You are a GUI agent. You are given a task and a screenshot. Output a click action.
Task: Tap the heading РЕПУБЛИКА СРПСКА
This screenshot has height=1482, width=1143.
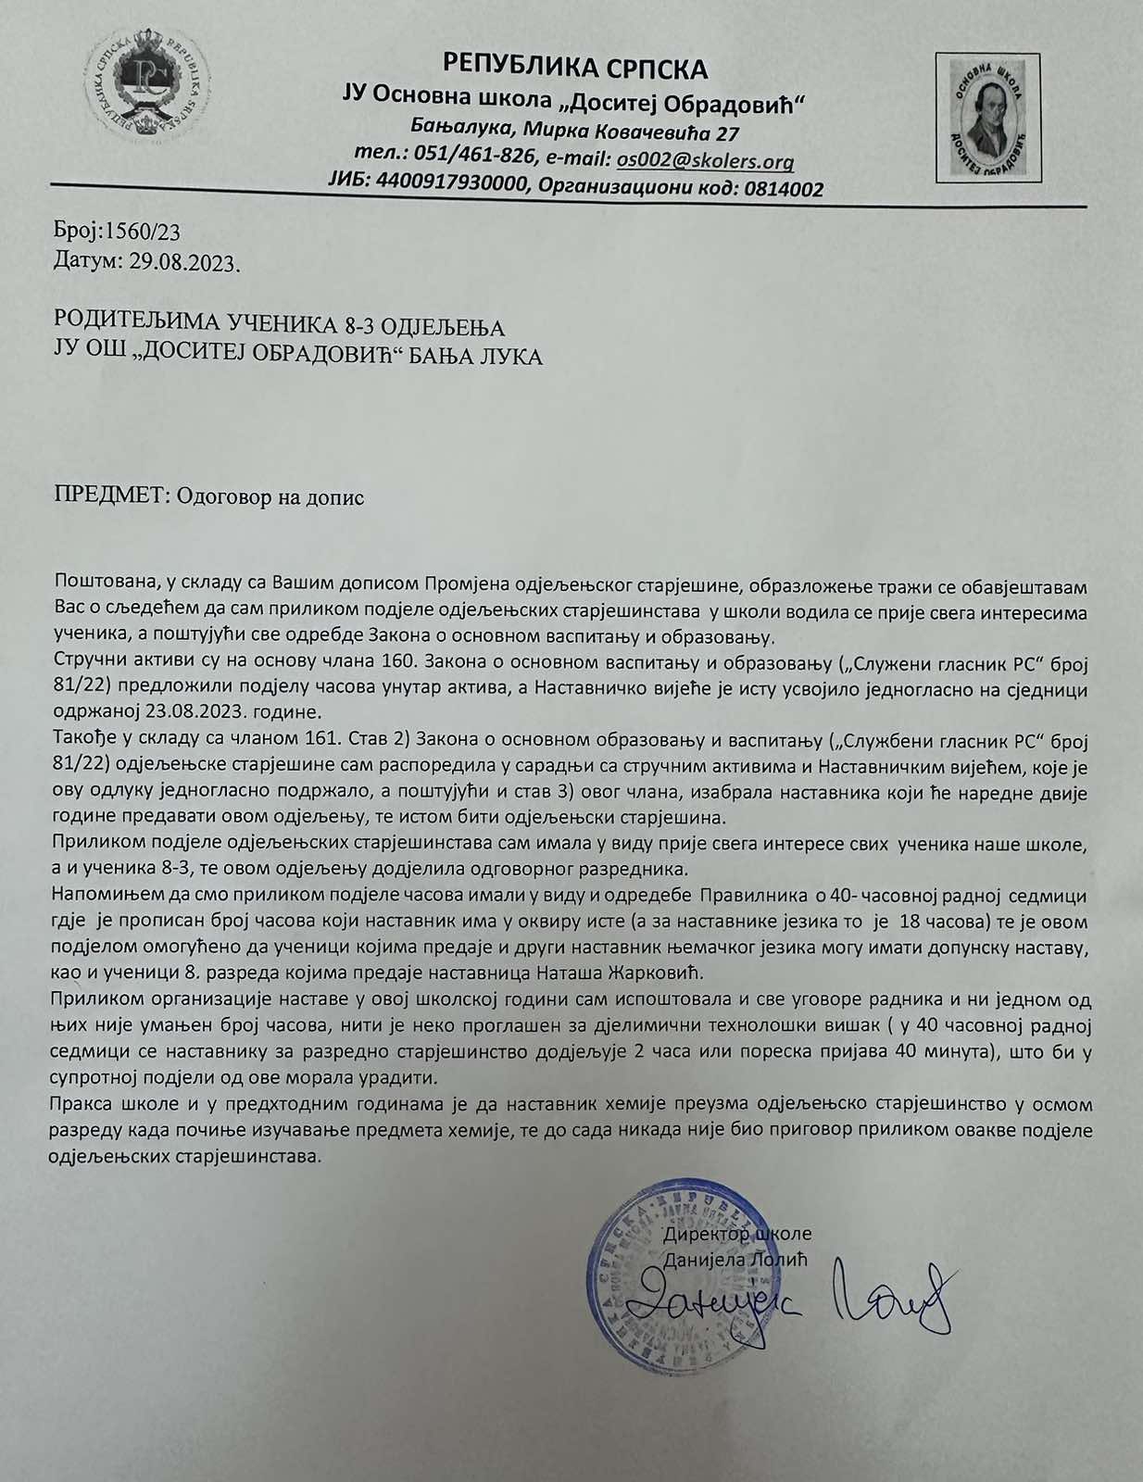click(575, 67)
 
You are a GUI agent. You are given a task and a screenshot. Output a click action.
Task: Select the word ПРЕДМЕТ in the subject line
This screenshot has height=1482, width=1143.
click(107, 496)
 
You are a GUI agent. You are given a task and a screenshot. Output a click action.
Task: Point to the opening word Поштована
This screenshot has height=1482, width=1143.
click(101, 586)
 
